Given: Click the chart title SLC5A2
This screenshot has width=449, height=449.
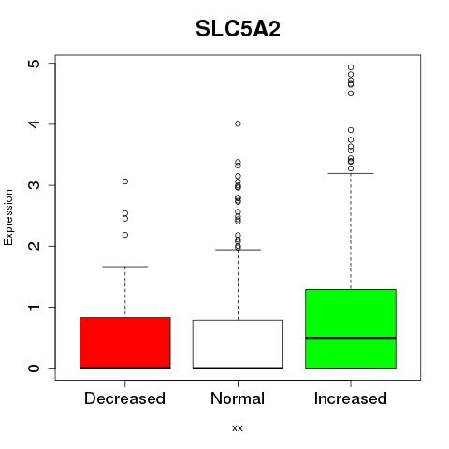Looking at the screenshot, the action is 238,29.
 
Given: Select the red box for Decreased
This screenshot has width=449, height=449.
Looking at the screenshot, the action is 125,343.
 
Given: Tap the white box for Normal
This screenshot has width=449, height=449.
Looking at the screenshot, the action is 238,344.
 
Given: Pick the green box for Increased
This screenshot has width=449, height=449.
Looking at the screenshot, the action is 351,328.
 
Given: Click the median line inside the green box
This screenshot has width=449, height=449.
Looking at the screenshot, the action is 351,338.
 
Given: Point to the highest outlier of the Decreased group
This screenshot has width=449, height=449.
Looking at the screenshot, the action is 125,181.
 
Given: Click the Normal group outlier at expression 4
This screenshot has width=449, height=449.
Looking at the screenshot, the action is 238,123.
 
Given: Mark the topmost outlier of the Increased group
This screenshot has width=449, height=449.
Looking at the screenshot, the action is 351,67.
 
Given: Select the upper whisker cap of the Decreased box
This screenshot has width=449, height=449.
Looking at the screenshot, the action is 125,267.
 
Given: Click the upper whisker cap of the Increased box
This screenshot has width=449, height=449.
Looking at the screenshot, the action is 351,173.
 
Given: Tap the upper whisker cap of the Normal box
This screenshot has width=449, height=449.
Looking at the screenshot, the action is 238,250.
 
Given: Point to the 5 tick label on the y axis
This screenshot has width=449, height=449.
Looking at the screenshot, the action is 35,64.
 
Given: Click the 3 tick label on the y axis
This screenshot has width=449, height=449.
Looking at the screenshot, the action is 35,185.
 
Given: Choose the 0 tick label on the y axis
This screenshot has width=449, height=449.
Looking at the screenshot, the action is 35,369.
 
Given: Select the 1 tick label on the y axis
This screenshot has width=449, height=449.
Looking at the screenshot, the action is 35,307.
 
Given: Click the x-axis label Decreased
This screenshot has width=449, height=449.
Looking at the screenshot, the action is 124,398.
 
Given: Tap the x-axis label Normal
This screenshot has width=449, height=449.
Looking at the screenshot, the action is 238,398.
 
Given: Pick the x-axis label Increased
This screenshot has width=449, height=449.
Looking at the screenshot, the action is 351,398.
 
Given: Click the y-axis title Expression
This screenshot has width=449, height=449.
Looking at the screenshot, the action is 8,217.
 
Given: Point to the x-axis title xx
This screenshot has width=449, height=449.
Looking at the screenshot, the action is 238,428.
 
